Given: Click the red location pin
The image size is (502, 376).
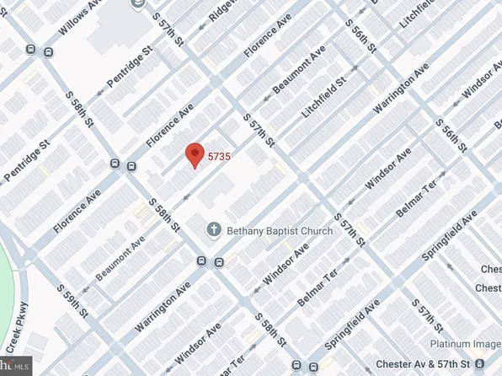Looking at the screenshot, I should point(195,154).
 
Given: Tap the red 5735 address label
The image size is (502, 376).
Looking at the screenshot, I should point(220,156).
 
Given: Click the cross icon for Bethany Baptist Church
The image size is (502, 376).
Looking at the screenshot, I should point(215,229).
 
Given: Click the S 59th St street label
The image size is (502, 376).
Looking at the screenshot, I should point(72,301).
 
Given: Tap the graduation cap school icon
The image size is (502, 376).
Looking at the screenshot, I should point(137,5).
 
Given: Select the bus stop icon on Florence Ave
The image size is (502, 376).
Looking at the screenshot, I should point(132,165).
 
